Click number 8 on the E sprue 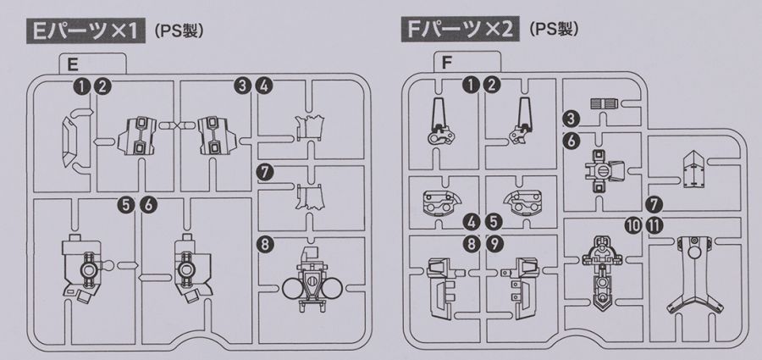(x=267, y=245)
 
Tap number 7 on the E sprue (x=267, y=172)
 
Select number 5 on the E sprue (x=126, y=203)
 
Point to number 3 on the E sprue (x=245, y=86)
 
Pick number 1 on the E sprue (x=80, y=86)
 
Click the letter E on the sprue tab (x=74, y=64)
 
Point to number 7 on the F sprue (x=653, y=204)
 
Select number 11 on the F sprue (x=653, y=225)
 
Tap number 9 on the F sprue (x=494, y=243)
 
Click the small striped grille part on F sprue (x=603, y=102)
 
